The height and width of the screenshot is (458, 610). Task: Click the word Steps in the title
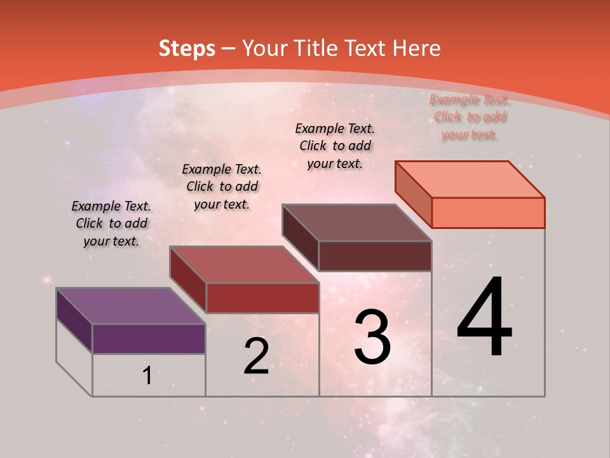[187, 48]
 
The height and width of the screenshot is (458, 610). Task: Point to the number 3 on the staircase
[372, 337]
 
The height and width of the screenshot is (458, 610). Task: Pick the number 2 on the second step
[256, 356]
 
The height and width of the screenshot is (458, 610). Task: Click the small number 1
[147, 375]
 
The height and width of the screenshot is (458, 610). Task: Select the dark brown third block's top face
[356, 223]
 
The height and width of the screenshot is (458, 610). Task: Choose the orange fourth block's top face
[470, 179]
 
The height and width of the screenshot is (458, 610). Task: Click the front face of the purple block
[149, 338]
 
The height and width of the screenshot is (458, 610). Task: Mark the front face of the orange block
[488, 212]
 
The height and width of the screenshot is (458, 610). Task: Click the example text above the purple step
[111, 223]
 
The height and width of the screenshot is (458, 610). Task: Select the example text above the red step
[222, 186]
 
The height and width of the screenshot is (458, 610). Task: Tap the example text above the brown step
[335, 146]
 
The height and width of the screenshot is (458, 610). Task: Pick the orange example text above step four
[469, 117]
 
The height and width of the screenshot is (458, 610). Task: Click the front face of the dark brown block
[375, 256]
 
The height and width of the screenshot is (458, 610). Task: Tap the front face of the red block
[262, 298]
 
